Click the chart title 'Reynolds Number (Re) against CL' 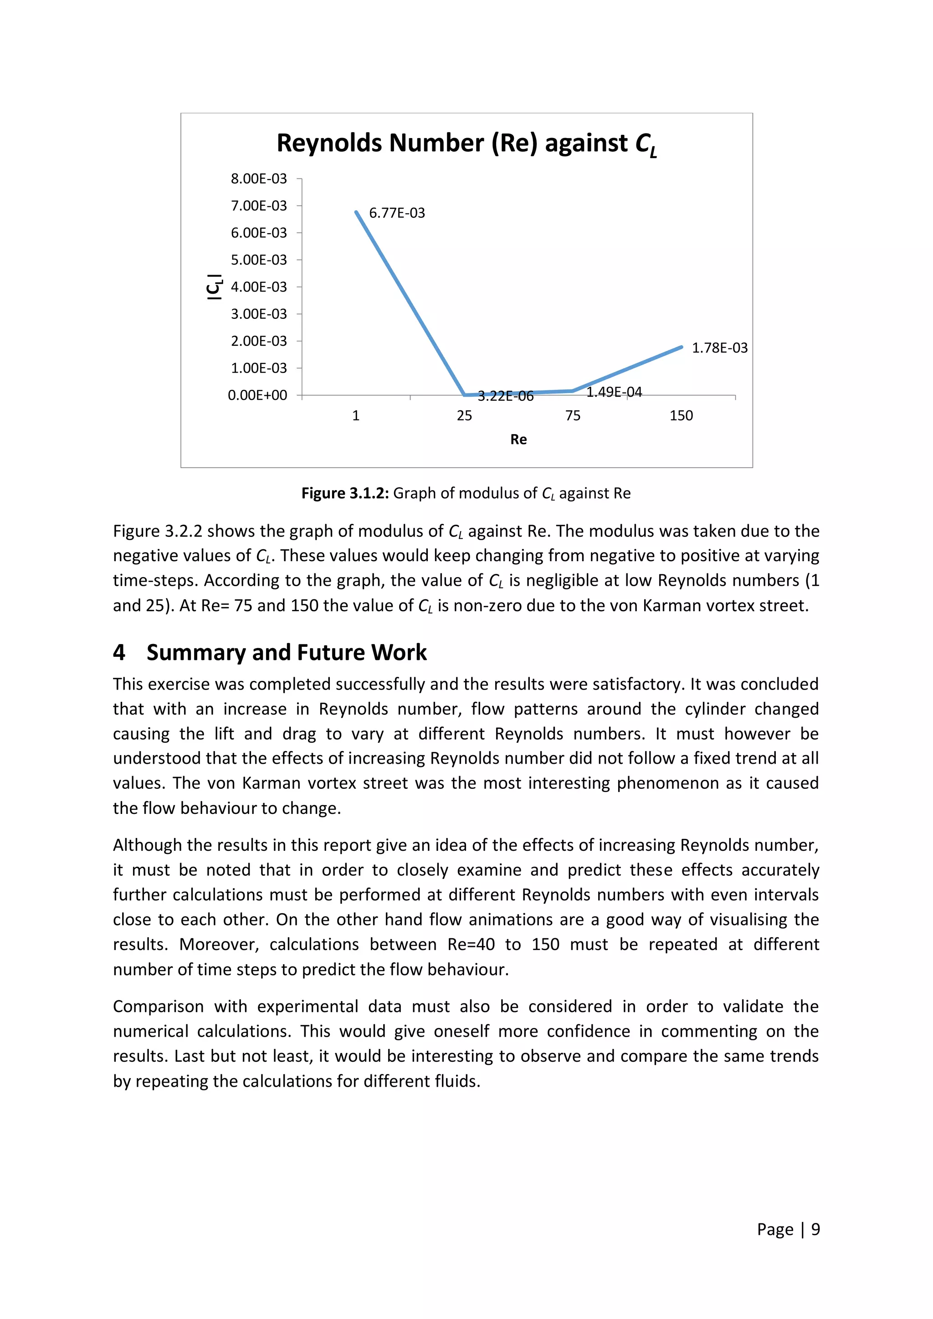(466, 143)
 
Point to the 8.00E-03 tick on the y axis (258, 179)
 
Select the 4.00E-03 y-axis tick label (258, 286)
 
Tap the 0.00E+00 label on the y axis (257, 395)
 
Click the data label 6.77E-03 (397, 213)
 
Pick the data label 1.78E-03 (719, 348)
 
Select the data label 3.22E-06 (506, 396)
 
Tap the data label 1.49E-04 (614, 392)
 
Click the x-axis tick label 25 (464, 416)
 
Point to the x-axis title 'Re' (518, 440)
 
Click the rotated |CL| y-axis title (215, 286)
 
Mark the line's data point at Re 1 (356, 212)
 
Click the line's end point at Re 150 (682, 347)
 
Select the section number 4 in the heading (119, 653)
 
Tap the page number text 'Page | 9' (788, 1229)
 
